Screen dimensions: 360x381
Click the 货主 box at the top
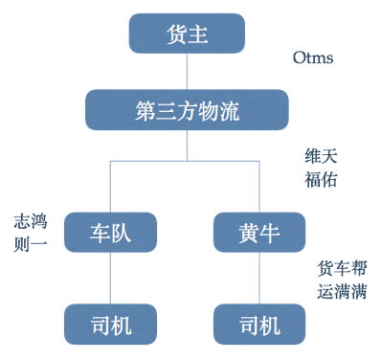(x=187, y=35)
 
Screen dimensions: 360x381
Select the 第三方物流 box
(x=187, y=111)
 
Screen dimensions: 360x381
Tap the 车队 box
(x=110, y=232)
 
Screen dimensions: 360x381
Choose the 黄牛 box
(x=259, y=232)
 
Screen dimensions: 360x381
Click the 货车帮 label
(x=341, y=269)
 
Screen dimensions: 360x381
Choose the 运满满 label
(x=341, y=291)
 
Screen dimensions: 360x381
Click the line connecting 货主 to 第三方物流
(x=187, y=72)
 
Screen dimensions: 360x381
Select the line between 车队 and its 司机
(x=110, y=277)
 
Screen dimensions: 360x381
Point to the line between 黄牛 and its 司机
(x=259, y=277)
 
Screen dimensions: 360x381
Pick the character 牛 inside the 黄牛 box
(x=271, y=232)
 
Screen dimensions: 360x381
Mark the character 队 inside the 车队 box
(x=122, y=232)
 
